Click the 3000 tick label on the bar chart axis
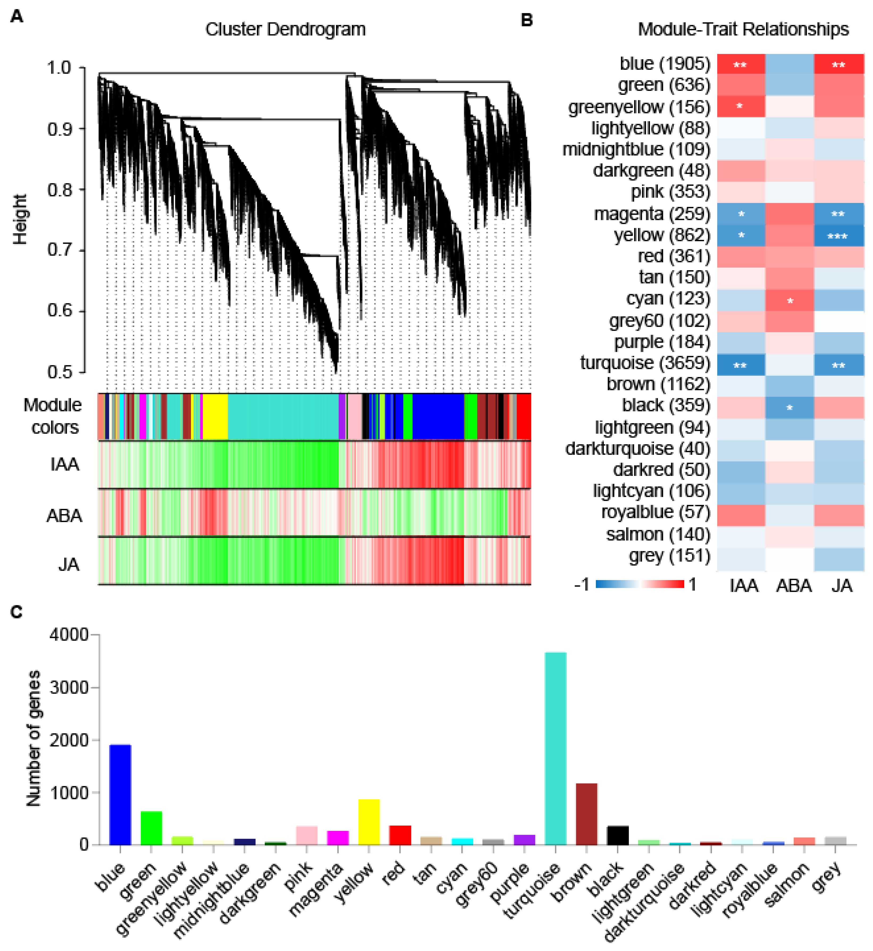[69, 687]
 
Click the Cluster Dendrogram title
[285, 29]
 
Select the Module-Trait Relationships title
[743, 29]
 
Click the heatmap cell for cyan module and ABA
[789, 300]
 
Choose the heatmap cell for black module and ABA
[789, 407]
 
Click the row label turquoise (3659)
[645, 363]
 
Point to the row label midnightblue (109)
[636, 149]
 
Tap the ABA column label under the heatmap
[794, 586]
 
